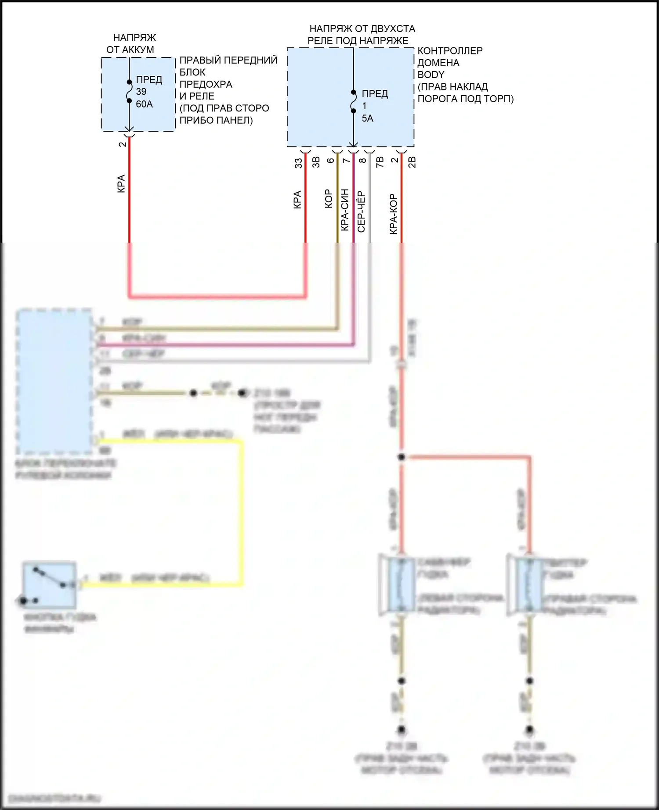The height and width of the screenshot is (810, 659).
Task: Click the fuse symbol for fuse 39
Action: [129, 92]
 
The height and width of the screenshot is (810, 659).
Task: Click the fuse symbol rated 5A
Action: [353, 102]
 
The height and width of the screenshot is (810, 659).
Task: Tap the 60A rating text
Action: [145, 104]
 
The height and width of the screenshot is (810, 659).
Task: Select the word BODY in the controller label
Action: [431, 75]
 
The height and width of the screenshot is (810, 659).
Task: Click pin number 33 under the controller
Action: [298, 163]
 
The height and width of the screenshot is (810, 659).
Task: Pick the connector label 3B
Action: [315, 162]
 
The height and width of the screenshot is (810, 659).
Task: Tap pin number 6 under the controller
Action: [330, 161]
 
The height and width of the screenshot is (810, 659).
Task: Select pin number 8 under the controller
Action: [362, 161]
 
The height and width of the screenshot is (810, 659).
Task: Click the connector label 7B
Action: [380, 161]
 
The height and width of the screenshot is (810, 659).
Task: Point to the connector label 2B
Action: [412, 162]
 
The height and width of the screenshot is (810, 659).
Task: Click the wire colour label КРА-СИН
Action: [345, 210]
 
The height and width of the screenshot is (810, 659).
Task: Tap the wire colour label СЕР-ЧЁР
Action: [361, 211]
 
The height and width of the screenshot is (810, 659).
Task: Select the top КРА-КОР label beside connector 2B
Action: [393, 214]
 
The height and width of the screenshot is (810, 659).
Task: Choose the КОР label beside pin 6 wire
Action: [328, 198]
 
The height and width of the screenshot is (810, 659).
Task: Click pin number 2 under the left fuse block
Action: [122, 144]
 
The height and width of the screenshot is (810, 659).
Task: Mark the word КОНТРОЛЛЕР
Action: [450, 50]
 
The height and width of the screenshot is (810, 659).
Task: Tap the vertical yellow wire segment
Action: [240, 509]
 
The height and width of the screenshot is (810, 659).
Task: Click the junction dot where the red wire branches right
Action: [401, 457]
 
